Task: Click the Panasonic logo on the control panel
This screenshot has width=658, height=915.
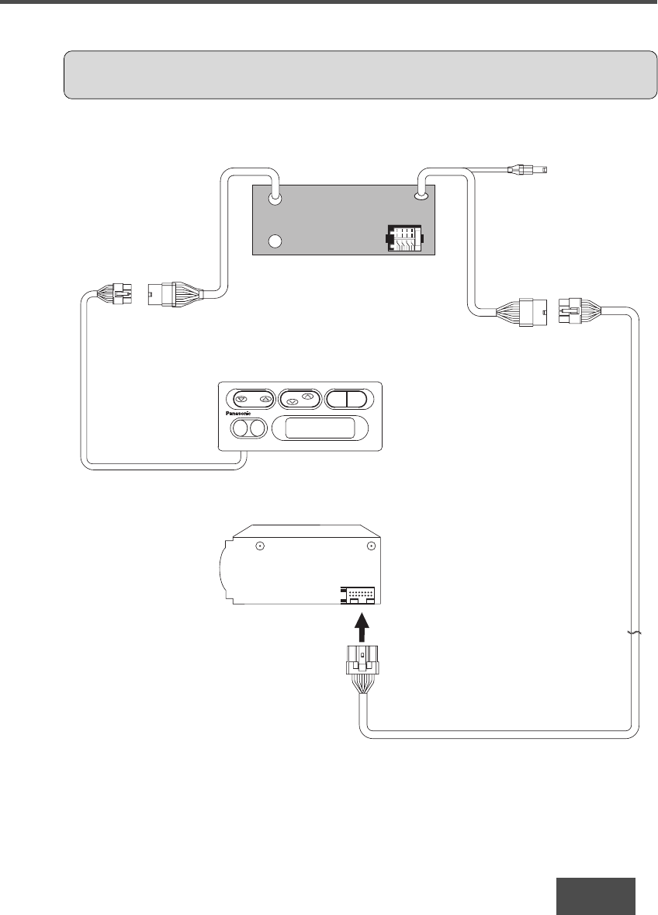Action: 239,415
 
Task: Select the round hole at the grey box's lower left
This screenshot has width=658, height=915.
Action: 275,241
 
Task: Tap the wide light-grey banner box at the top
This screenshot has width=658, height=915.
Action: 359,75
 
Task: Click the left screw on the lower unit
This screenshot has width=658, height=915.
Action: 261,546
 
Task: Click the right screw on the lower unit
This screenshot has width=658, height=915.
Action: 372,546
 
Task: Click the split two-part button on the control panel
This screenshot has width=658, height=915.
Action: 350,399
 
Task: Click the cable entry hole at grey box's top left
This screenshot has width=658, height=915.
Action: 275,198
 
